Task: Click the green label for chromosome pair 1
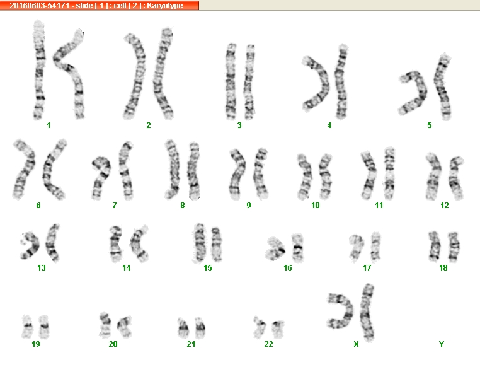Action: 49,125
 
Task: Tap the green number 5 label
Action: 430,125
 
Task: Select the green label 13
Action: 42,268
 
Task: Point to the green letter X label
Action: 356,344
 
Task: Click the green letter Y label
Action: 441,344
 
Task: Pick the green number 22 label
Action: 268,344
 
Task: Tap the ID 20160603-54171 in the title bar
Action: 40,6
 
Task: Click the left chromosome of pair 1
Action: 39,70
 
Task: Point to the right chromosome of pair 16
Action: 297,248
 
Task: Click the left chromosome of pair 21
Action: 183,328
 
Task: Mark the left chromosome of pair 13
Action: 31,245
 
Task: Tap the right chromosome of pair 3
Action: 249,82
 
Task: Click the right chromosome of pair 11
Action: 389,173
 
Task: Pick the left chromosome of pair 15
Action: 199,243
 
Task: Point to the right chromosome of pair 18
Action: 454,247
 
